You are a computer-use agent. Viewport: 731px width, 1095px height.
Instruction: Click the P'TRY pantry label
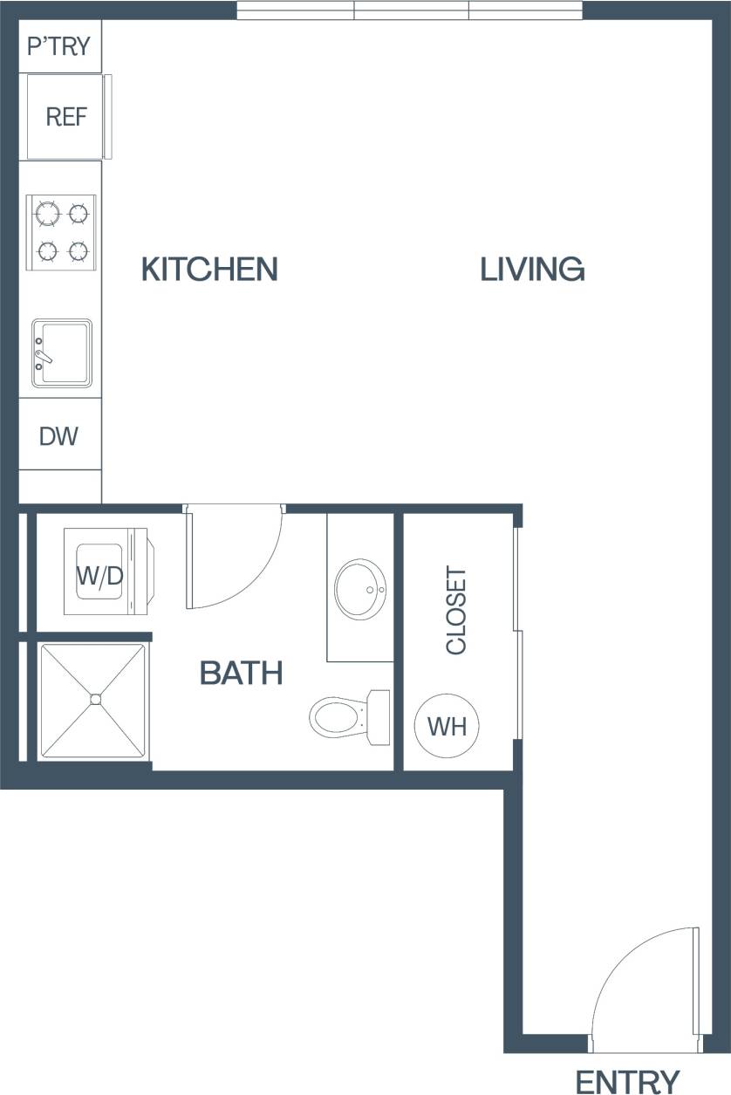tap(59, 46)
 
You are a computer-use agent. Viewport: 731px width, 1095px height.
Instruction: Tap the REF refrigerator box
tap(66, 117)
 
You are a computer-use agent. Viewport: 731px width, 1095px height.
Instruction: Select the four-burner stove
tap(61, 232)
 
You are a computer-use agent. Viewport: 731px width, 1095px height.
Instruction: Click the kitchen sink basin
tap(63, 352)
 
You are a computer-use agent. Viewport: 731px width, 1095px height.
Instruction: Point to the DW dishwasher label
tap(58, 435)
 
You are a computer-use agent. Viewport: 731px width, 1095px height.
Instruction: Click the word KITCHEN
tap(209, 269)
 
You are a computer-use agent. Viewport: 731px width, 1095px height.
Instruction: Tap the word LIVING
tap(532, 269)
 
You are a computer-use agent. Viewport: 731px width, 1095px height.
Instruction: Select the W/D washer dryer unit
tap(99, 575)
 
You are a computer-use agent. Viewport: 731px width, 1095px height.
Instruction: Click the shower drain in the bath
tap(95, 699)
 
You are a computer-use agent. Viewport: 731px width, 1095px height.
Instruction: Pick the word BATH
tap(241, 673)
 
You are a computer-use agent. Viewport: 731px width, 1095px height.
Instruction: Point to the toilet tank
tap(379, 716)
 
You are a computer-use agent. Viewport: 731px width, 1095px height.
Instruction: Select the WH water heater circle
tap(447, 726)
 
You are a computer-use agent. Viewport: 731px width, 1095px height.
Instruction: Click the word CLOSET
tap(456, 611)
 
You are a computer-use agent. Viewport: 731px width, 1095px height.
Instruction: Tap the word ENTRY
tap(627, 1081)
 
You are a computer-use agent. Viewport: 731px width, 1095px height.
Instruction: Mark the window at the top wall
tap(410, 10)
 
